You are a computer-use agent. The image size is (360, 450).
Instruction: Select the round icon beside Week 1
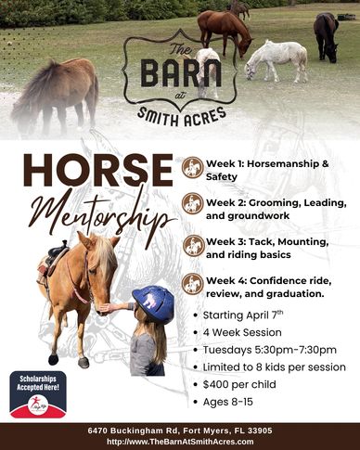click(x=193, y=166)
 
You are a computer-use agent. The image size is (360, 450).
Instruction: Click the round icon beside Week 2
click(x=193, y=203)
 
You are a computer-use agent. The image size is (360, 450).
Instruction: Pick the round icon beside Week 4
click(x=193, y=284)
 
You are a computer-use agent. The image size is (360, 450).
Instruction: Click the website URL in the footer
click(x=179, y=442)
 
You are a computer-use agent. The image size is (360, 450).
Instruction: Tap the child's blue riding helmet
click(x=153, y=303)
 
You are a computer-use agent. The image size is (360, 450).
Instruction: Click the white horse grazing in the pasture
click(x=276, y=58)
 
